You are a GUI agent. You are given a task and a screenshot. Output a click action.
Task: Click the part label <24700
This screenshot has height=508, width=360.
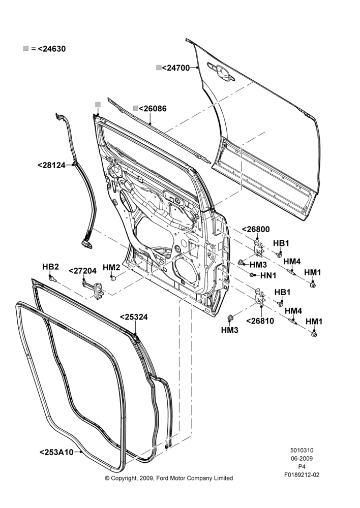pos(175,68)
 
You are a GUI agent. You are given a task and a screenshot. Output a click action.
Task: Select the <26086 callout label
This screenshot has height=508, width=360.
pos(153,109)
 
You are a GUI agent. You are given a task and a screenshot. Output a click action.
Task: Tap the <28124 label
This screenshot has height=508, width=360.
pos(51,165)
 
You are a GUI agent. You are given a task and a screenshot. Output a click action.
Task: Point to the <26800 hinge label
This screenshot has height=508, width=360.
pos(256,230)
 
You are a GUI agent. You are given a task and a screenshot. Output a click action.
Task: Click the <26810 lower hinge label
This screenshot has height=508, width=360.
pos(260,321)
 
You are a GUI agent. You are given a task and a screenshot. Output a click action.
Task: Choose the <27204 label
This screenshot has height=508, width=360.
pos(82,271)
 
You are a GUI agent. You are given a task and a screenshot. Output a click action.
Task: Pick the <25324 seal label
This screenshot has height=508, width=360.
pos(134,317)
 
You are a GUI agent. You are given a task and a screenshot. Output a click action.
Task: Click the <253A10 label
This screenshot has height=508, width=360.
pos(56,452)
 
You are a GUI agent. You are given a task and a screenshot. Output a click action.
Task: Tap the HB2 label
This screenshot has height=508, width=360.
pos(51,267)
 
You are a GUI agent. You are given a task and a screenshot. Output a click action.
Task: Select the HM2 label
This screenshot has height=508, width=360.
pos(111,268)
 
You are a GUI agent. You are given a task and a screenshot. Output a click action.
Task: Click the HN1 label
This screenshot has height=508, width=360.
pos(268,276)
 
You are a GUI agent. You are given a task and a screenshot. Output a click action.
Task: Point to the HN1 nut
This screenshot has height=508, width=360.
pos(252,275)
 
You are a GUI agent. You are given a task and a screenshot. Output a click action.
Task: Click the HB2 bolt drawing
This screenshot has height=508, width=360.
pos(52,279)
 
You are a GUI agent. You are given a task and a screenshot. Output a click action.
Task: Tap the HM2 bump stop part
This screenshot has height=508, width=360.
pos(113,278)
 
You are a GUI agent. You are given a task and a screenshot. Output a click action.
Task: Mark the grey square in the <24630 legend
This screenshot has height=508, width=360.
pos(25,49)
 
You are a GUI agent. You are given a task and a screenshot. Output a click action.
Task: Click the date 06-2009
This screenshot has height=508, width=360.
pos(302,458)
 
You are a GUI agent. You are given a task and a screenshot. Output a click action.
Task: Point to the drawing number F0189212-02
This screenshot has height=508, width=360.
pos(302,475)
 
